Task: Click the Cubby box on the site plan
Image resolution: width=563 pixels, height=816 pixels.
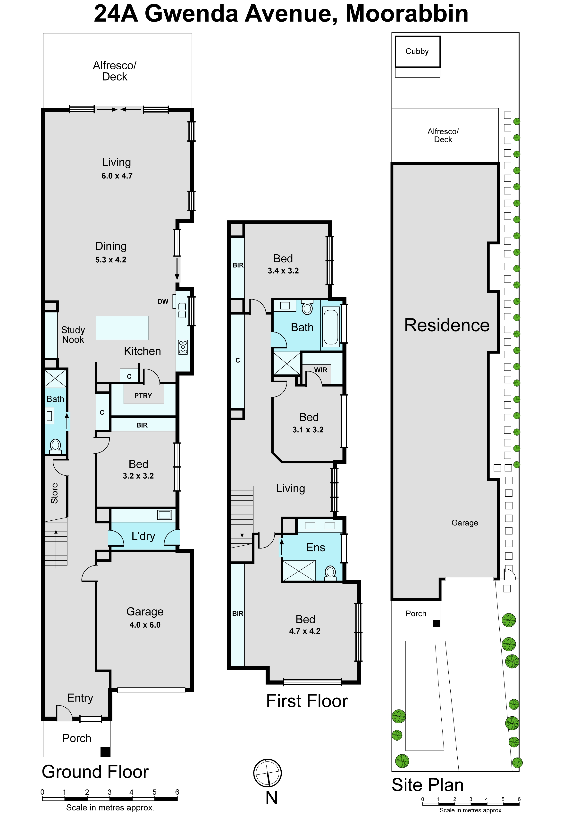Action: click(x=417, y=51)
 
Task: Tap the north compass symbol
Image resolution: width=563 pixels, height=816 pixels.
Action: click(x=267, y=773)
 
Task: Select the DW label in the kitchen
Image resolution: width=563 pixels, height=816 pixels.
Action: click(x=163, y=301)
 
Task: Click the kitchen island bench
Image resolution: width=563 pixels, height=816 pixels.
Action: click(x=122, y=328)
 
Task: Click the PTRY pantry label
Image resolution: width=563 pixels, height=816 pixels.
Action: click(x=143, y=396)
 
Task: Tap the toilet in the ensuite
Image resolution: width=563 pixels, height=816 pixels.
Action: click(x=330, y=573)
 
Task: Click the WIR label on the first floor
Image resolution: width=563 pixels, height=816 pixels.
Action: click(x=321, y=370)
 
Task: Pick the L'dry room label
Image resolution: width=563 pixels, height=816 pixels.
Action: click(x=143, y=536)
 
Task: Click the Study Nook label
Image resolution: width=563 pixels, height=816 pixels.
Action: click(x=73, y=335)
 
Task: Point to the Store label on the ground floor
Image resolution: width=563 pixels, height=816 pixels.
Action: click(x=54, y=493)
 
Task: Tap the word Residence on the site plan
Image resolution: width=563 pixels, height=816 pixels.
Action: click(x=447, y=325)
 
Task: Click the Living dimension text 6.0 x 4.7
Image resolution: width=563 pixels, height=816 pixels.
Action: click(x=117, y=176)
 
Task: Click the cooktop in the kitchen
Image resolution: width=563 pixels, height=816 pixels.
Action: click(x=183, y=347)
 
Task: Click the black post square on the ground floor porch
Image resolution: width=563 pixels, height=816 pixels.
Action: click(x=105, y=752)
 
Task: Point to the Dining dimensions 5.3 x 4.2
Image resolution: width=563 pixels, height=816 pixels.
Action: click(x=111, y=260)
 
